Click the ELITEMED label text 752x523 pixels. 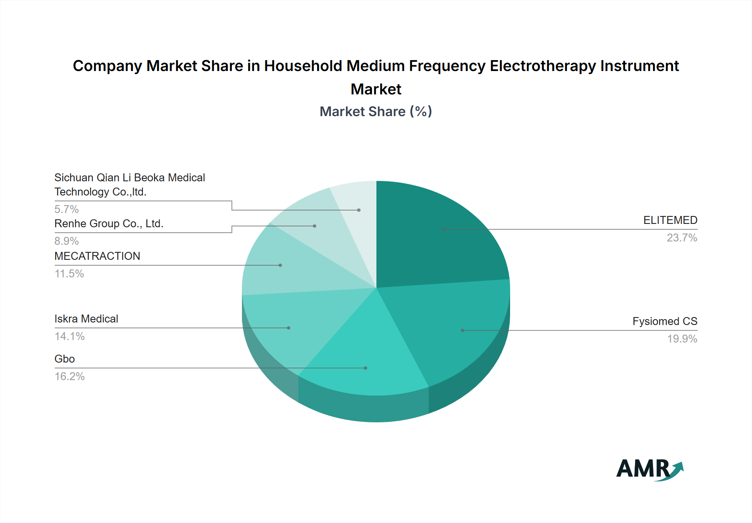pyautogui.click(x=670, y=220)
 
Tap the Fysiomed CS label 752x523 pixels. pyautogui.click(x=665, y=321)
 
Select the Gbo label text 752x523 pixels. pyautogui.click(x=65, y=359)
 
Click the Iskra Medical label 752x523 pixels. pyautogui.click(x=86, y=319)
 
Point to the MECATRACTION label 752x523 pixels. pyautogui.click(x=97, y=256)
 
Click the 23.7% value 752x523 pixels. pyautogui.click(x=682, y=238)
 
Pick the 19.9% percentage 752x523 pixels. pyautogui.click(x=682, y=339)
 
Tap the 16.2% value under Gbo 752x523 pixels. pyautogui.click(x=70, y=376)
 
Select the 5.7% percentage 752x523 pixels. pyautogui.click(x=67, y=209)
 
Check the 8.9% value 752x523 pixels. pyautogui.click(x=67, y=241)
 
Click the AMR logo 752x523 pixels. pyautogui.click(x=650, y=469)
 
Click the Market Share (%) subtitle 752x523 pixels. pyautogui.click(x=376, y=112)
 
